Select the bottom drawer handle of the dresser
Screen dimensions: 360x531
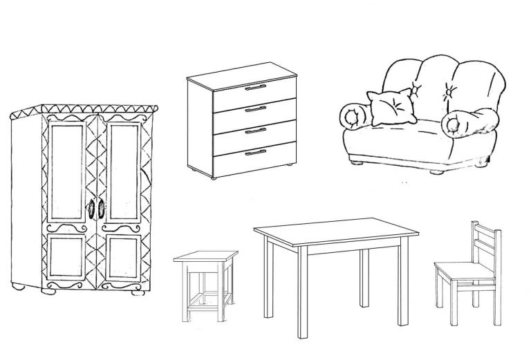pyautogui.click(x=255, y=151)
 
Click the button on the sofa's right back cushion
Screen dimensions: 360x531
pyautogui.click(x=450, y=91)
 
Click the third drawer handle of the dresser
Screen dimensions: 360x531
pyautogui.click(x=255, y=130)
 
